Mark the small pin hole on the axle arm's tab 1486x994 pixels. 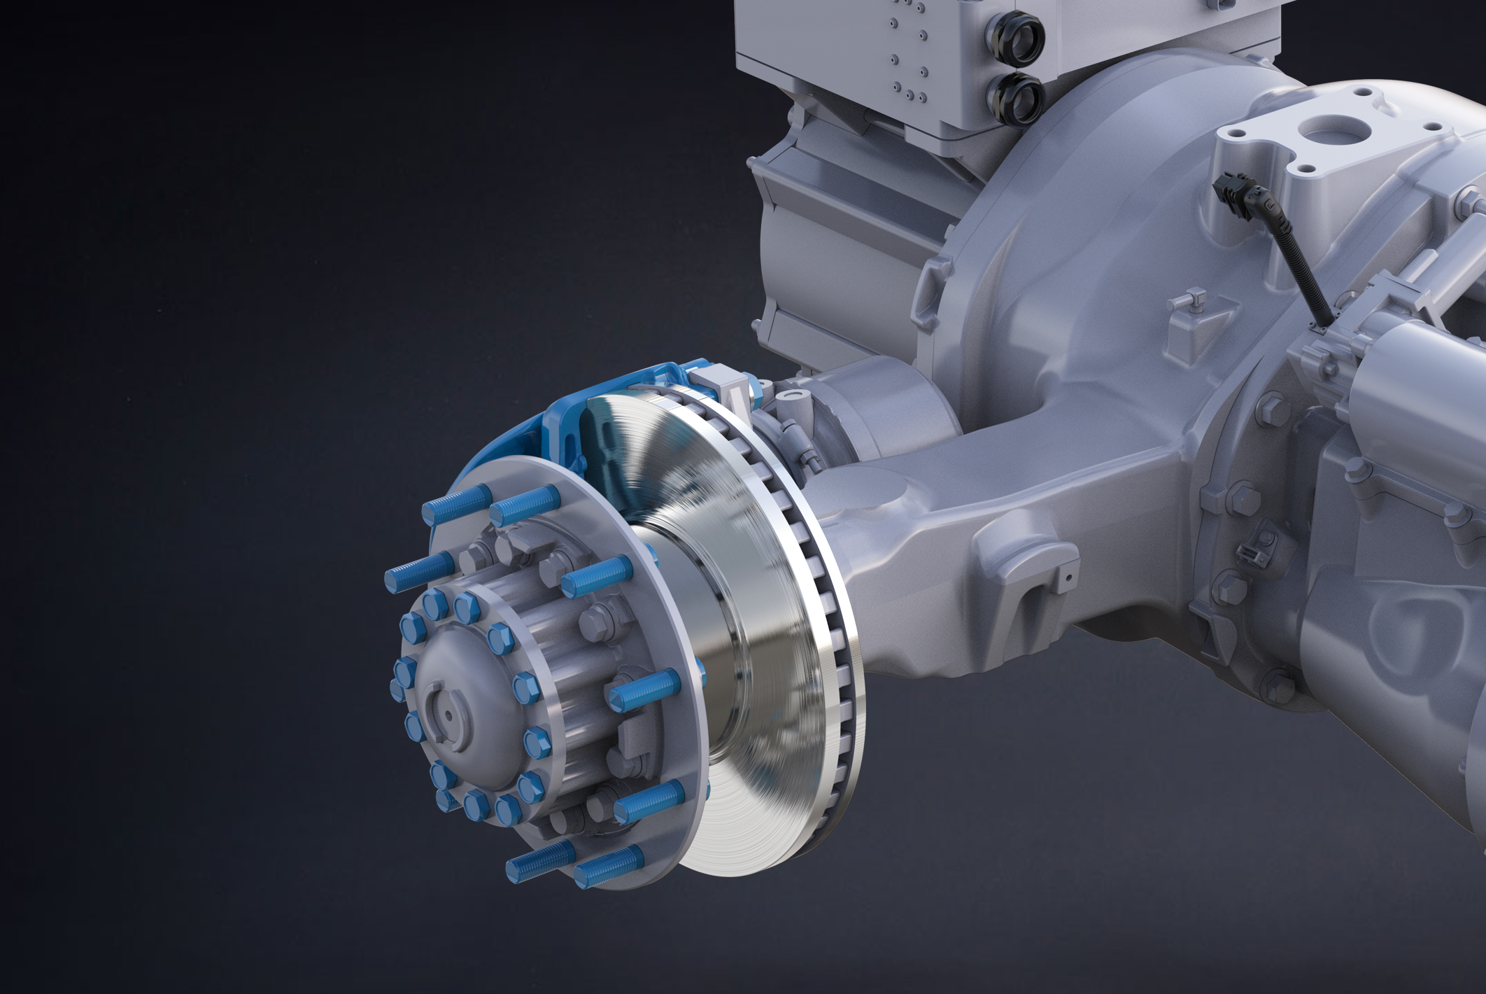[1069, 576]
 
